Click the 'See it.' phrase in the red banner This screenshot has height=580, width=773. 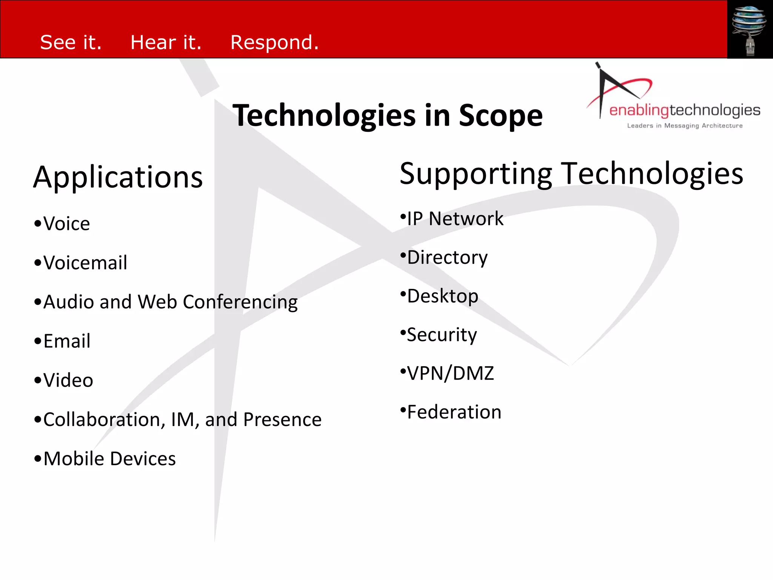coord(71,42)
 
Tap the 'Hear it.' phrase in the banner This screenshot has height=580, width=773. coord(166,42)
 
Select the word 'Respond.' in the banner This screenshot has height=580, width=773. coord(274,42)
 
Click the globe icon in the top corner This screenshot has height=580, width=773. coord(749,23)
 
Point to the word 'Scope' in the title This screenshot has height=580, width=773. coord(500,116)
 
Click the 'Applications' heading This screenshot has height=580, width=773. coord(118,177)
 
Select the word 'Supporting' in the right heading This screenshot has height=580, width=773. coord(476,174)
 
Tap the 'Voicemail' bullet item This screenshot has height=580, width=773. coord(85,263)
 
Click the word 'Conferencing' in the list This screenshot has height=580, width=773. coord(240,302)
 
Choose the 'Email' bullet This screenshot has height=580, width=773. coord(66,341)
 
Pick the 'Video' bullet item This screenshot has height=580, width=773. coord(68,380)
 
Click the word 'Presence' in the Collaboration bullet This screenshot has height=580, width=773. coord(282,420)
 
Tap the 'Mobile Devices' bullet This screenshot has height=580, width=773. coord(109,459)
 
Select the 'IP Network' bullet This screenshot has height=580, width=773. coord(455,219)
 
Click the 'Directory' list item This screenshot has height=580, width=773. coord(447,258)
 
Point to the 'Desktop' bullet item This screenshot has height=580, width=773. coord(442,296)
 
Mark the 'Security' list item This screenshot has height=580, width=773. coord(442,335)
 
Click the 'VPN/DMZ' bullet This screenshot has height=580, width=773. coord(450,373)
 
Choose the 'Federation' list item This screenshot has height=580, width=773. coord(454,412)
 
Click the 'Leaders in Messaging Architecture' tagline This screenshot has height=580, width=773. coord(685,126)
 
